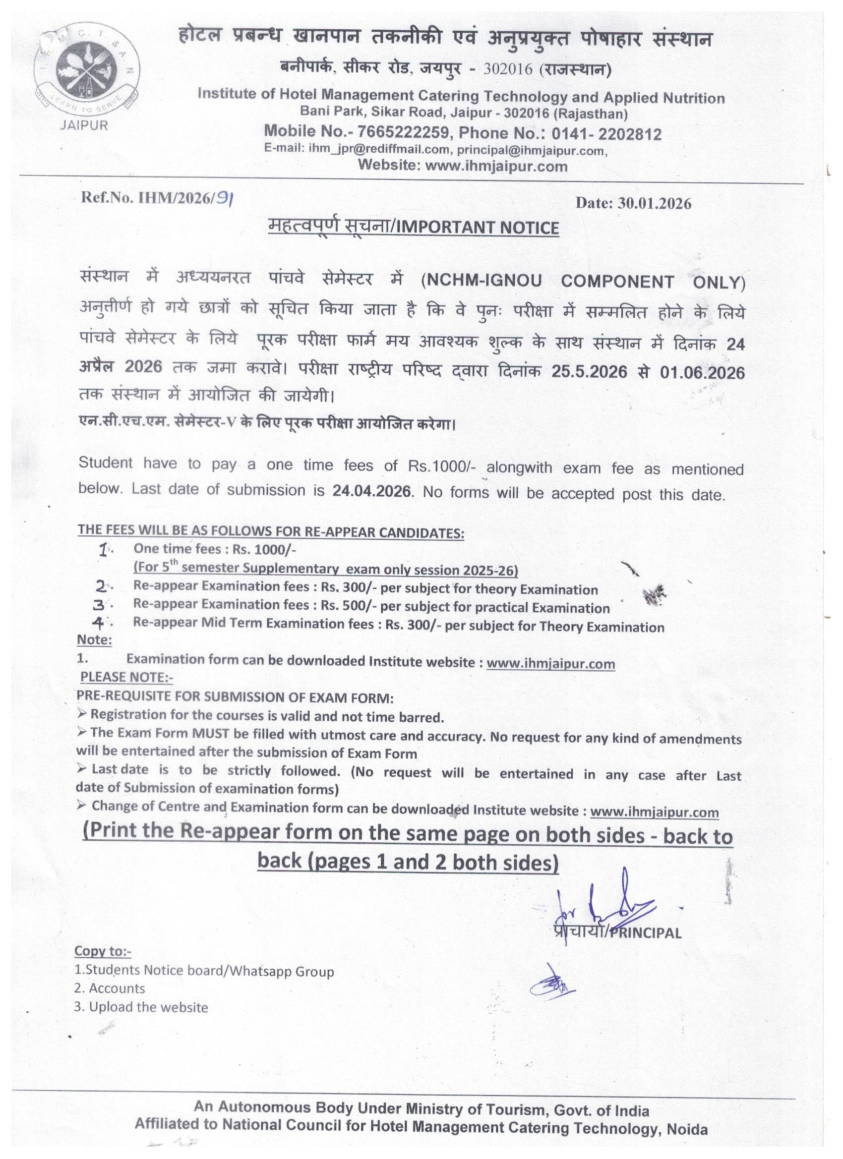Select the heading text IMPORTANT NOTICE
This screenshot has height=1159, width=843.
478,228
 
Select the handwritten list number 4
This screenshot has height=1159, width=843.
99,624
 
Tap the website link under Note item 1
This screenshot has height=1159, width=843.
550,664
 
